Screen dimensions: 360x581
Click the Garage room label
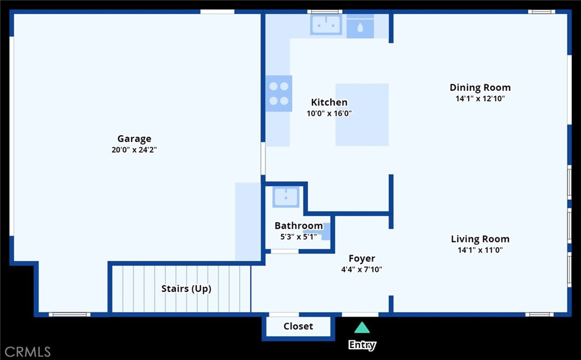pyautogui.click(x=134, y=139)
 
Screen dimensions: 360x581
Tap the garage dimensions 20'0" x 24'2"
pyautogui.click(x=134, y=150)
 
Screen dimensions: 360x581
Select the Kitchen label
pyautogui.click(x=329, y=102)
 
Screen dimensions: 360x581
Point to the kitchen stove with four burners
pyautogui.click(x=279, y=94)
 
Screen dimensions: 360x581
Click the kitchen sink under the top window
pyautogui.click(x=326, y=25)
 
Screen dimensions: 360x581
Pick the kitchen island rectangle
pyautogui.click(x=362, y=115)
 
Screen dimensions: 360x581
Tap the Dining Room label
pyautogui.click(x=480, y=87)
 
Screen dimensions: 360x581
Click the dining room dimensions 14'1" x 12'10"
pyautogui.click(x=480, y=98)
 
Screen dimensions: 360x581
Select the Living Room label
pyautogui.click(x=480, y=239)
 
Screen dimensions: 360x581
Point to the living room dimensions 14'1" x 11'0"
pyautogui.click(x=480, y=250)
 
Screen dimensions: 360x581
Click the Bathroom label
pyautogui.click(x=298, y=225)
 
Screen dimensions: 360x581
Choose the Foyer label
pyautogui.click(x=361, y=258)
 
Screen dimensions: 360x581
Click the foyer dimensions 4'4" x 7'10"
pyautogui.click(x=361, y=270)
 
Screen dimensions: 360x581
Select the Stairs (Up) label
pyautogui.click(x=186, y=288)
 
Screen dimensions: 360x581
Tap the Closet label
pyautogui.click(x=298, y=326)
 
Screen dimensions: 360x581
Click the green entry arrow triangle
pyautogui.click(x=361, y=328)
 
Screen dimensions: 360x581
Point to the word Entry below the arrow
pyautogui.click(x=361, y=345)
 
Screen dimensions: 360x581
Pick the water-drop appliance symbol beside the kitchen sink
pyautogui.click(x=360, y=27)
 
